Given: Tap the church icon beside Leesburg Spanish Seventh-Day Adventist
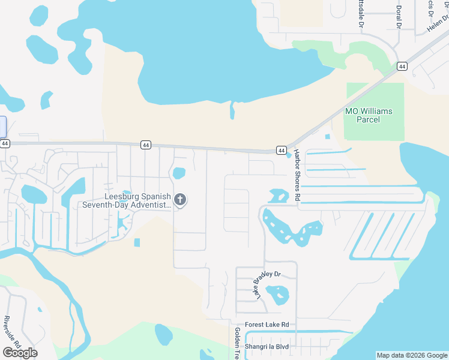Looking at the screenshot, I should coord(180,200).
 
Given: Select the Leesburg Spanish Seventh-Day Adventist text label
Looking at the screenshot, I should coord(127,200).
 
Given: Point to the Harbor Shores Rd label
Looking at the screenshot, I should coord(297,178).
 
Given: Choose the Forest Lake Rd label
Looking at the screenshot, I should coord(266,325).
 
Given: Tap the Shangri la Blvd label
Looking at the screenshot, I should coord(267,347).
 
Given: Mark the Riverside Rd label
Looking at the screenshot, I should coord(13,332).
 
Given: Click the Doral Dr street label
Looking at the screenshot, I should coord(398,17).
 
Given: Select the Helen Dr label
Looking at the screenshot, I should coord(437,23).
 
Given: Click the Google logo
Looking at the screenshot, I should coord(20,352).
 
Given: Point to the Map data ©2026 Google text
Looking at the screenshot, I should coord(411,355).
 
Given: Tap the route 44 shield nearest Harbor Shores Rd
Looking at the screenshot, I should coord(281,149).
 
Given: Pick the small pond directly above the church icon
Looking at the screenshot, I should coord(179,173).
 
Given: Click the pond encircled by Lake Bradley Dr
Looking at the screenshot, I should coord(277,293).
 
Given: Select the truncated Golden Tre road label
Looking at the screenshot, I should coord(238,344).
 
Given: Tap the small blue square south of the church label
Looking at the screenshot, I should coord(137,242).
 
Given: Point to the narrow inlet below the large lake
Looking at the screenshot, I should coord(232,110).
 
